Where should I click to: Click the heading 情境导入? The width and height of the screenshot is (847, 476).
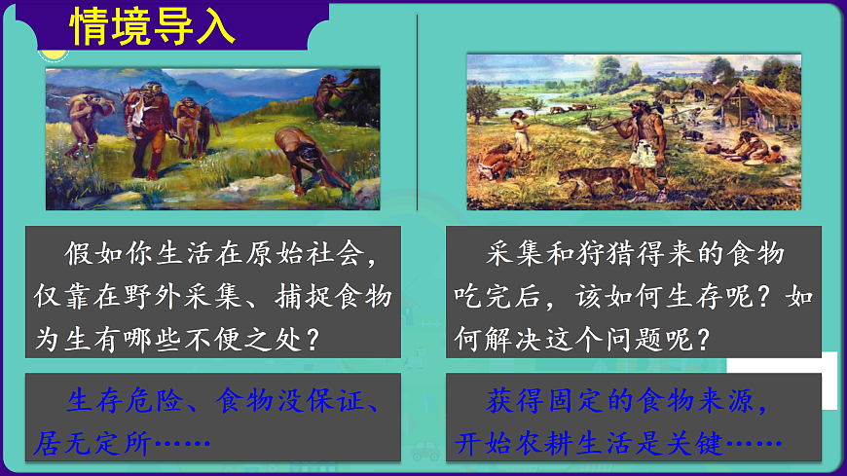(153, 26)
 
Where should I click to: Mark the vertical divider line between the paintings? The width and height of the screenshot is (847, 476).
(418, 112)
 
